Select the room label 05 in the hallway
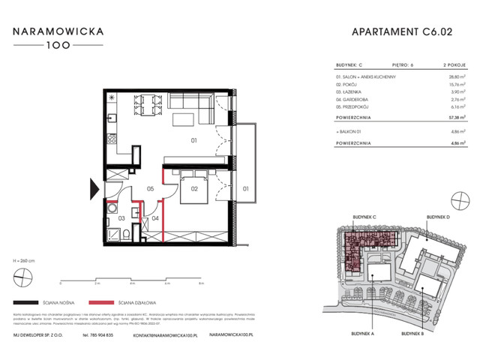click(150, 188)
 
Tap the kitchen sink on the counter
click(111, 118)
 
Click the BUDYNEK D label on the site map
click(439, 216)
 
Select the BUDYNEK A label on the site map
click(361, 331)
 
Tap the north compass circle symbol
click(22, 280)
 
